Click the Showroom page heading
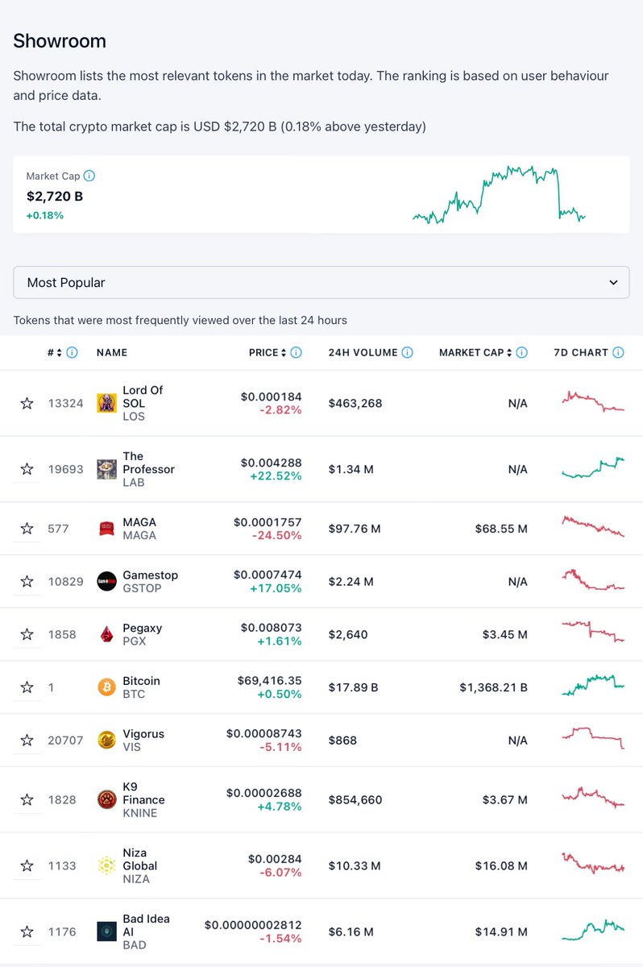pyautogui.click(x=60, y=41)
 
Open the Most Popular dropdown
pyautogui.click(x=321, y=283)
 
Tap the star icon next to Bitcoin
pyautogui.click(x=27, y=687)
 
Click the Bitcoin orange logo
pyautogui.click(x=106, y=687)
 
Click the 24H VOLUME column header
pyautogui.click(x=363, y=352)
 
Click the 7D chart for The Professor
pyautogui.click(x=592, y=468)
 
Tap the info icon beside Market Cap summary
pyautogui.click(x=89, y=176)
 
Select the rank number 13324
pyautogui.click(x=65, y=403)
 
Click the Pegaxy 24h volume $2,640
pyautogui.click(x=348, y=634)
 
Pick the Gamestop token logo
pyautogui.click(x=106, y=581)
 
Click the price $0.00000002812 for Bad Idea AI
pyautogui.click(x=253, y=925)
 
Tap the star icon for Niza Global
pyautogui.click(x=27, y=865)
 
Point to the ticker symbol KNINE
pyautogui.click(x=139, y=813)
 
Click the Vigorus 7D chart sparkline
pyautogui.click(x=592, y=737)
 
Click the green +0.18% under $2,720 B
pyautogui.click(x=45, y=215)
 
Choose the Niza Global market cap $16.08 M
pyautogui.click(x=500, y=865)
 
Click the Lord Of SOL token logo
pyautogui.click(x=106, y=403)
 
